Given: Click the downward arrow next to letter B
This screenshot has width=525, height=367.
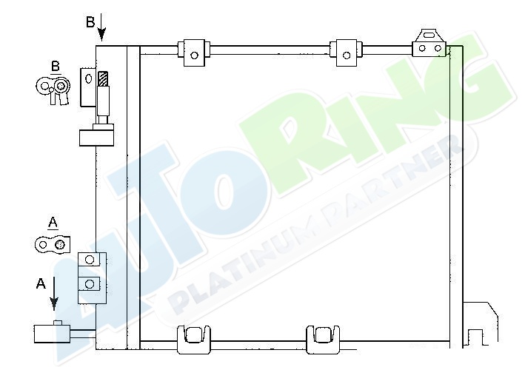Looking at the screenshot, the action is point(101,27).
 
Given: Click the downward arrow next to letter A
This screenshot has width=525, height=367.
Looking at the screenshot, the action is point(54,294).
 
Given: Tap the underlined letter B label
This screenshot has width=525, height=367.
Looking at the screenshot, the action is point(56,67).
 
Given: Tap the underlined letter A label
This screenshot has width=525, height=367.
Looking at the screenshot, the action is point(53,223).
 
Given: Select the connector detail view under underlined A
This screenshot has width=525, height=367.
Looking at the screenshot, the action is point(53,245).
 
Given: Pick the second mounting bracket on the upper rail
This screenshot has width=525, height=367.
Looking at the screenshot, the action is point(346,53).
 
